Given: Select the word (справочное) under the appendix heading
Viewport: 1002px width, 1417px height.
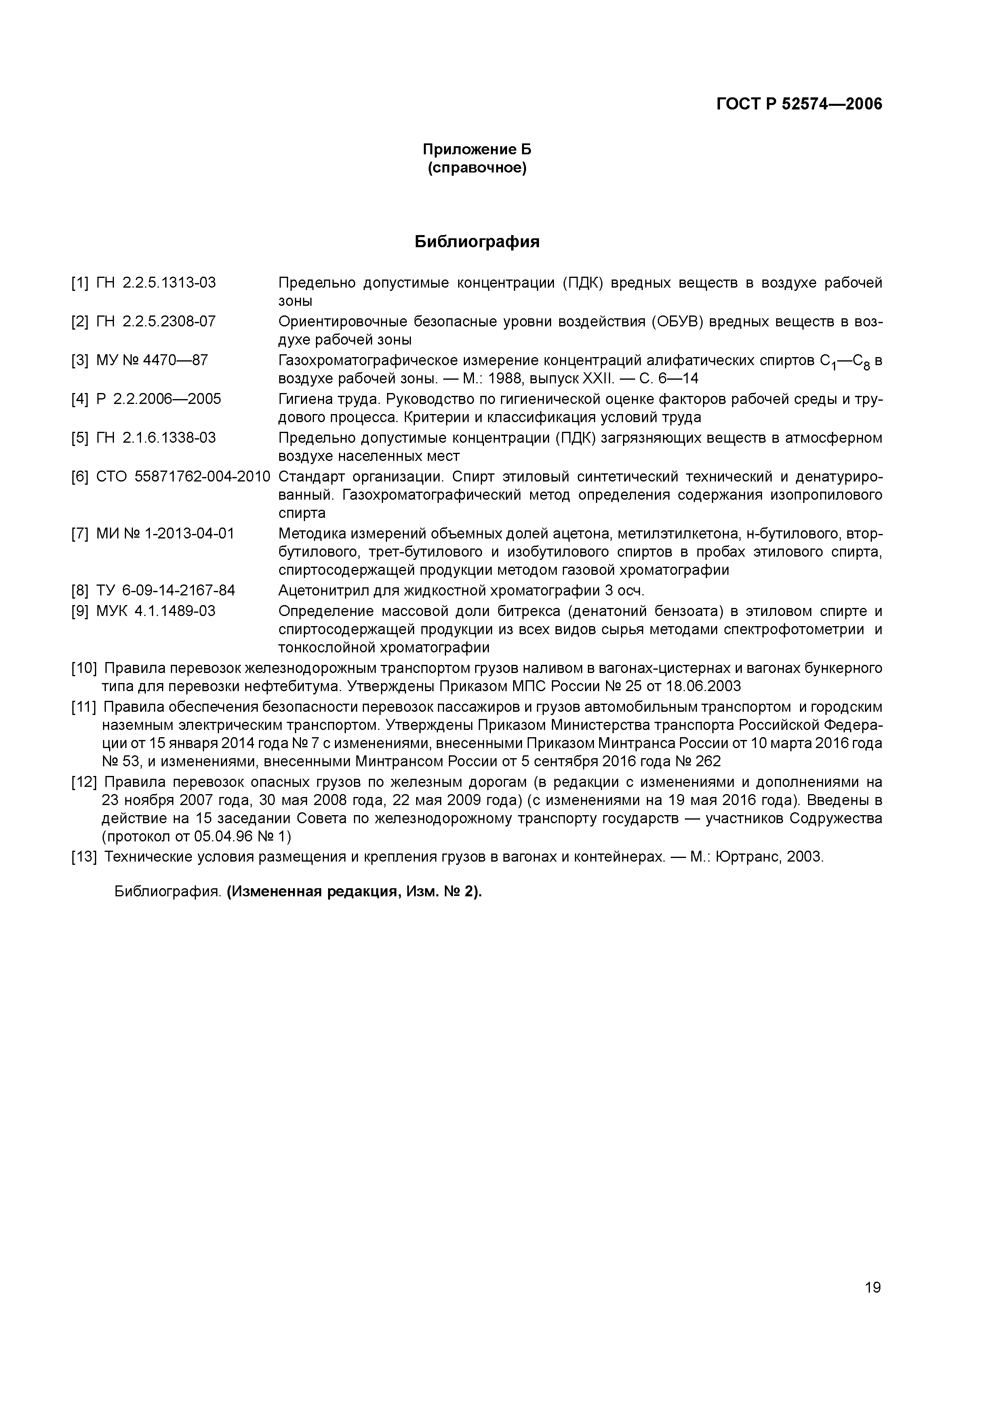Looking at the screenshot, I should click(477, 168).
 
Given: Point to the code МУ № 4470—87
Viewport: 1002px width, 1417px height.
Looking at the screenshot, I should click(152, 360).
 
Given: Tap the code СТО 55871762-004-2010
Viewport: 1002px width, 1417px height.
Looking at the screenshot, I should click(183, 477).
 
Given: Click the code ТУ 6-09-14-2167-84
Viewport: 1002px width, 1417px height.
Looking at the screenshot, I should click(166, 591).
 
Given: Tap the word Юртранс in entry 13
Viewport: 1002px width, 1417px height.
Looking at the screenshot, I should click(747, 857).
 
